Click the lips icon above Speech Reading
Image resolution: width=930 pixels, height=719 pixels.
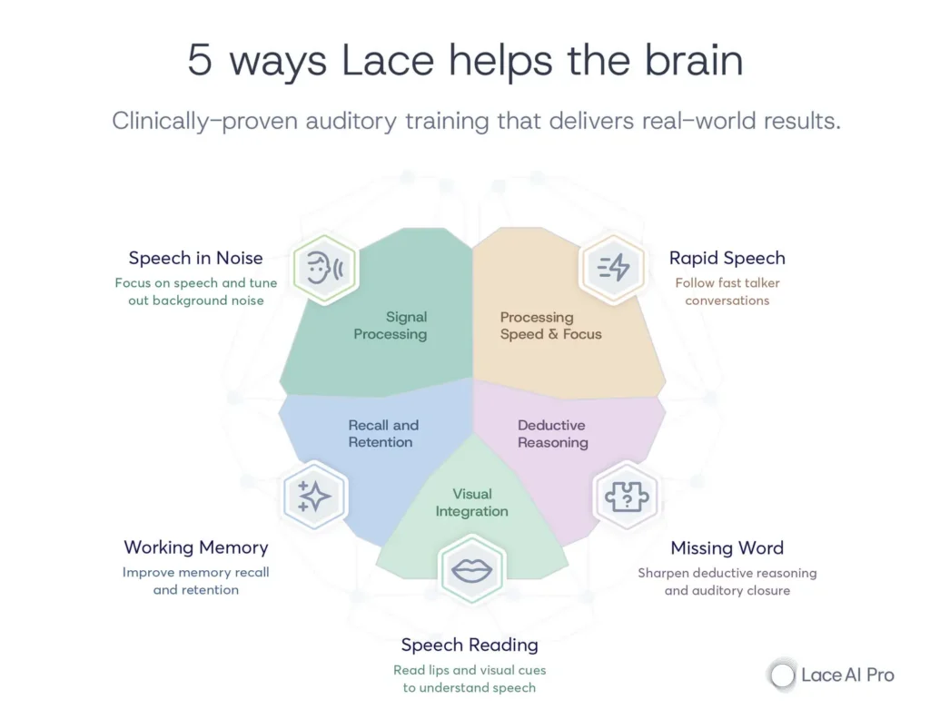[x=471, y=570]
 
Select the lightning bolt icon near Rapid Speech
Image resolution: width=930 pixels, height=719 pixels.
[x=614, y=267]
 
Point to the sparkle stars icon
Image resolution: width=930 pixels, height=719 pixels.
[x=314, y=496]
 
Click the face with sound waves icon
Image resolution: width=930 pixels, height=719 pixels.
[x=323, y=269]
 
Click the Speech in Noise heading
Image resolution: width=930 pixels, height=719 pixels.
[x=195, y=259]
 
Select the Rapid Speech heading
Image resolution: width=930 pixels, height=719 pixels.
[x=727, y=258]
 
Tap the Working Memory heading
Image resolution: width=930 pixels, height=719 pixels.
[x=196, y=547]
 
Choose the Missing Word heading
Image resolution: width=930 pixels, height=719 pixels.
[x=727, y=548]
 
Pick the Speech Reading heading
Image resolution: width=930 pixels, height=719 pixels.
[x=470, y=645]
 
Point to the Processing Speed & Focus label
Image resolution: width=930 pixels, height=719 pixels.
[x=550, y=326]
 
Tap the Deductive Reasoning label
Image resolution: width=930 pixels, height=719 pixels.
[x=552, y=434]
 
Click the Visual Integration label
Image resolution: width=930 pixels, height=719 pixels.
[x=471, y=503]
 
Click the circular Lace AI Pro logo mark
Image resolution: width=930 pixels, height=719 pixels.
[x=781, y=675]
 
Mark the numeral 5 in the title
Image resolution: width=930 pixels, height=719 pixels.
[x=199, y=61]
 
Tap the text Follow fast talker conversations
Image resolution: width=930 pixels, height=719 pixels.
[x=727, y=291]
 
